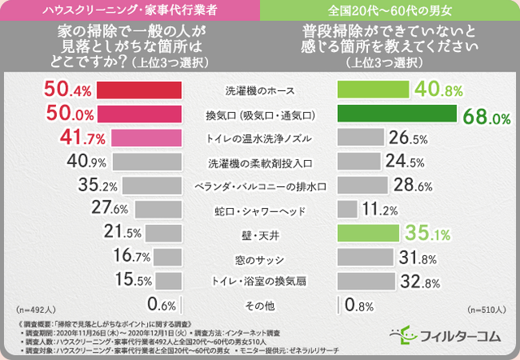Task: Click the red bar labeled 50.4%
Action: [139, 88]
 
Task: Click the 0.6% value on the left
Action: [161, 306]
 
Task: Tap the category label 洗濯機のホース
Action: [259, 89]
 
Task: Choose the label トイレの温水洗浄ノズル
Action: [259, 137]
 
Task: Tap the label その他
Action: [259, 306]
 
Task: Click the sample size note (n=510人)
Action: [486, 309]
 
